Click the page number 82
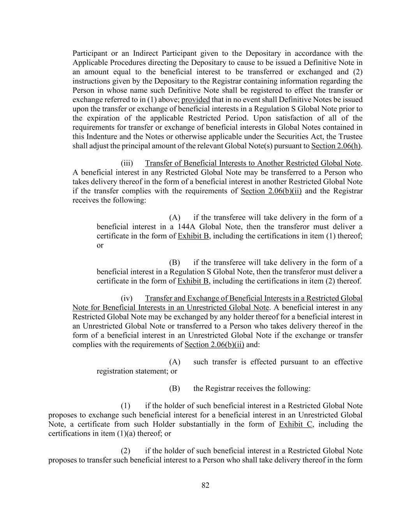[x=206, y=485]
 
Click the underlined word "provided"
[x=196, y=100]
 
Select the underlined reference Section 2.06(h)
[x=336, y=146]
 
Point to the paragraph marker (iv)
[x=127, y=298]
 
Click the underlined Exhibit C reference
[x=296, y=424]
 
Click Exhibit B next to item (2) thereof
[x=193, y=281]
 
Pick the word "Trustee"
[x=351, y=137]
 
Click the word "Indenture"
[x=102, y=137]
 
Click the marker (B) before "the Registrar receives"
[x=175, y=389]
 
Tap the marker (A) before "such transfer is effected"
[x=175, y=362]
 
